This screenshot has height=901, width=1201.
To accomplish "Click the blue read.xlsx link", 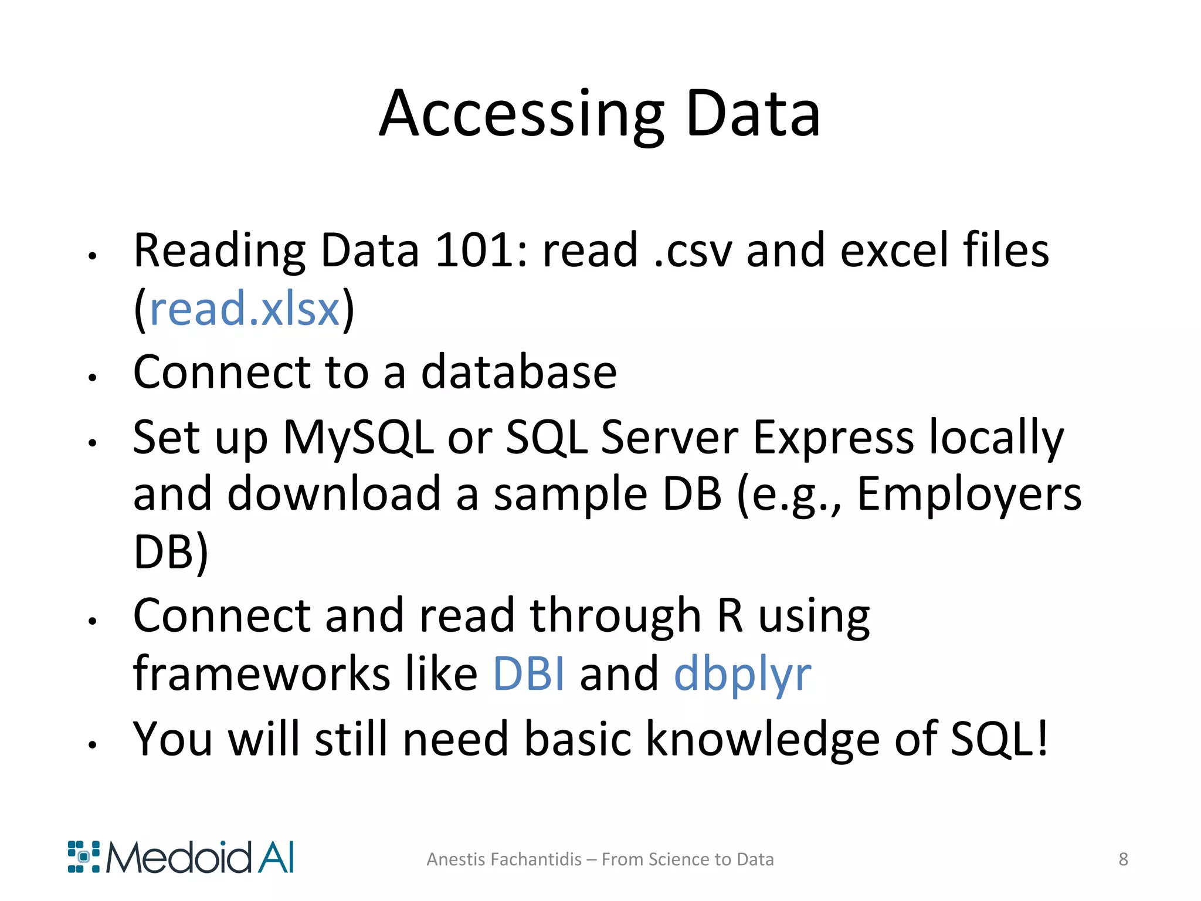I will tap(245, 309).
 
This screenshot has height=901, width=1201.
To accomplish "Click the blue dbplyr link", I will tap(742, 675).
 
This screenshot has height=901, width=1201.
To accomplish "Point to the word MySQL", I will tap(358, 437).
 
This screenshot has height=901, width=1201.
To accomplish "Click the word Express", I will tap(833, 437).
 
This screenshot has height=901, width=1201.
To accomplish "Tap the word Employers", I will tap(969, 494).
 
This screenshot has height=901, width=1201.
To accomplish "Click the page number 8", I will tap(1123, 859).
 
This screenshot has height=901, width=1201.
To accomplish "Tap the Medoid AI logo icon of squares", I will tap(83, 857).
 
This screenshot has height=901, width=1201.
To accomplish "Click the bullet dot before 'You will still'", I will tap(92, 745).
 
